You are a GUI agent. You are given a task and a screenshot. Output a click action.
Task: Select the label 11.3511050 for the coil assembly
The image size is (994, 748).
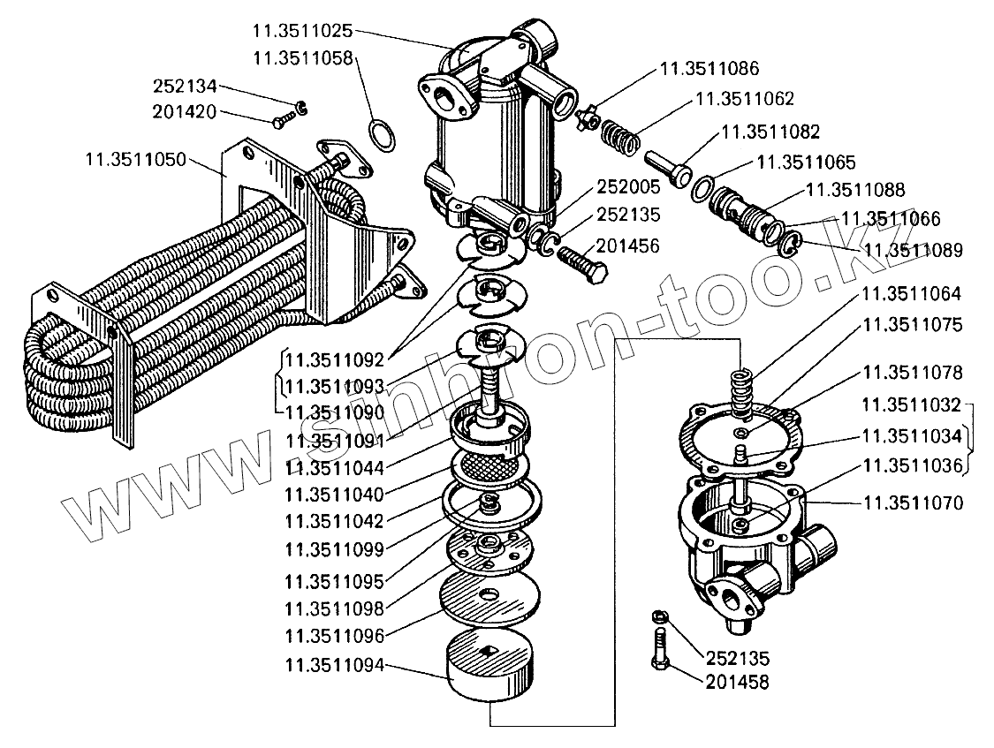(136, 160)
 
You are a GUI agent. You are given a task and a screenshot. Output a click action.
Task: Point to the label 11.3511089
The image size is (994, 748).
(913, 250)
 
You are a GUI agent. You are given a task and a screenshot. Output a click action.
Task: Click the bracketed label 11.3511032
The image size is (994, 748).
(913, 405)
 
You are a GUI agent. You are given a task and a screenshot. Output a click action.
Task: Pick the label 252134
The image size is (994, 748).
(185, 87)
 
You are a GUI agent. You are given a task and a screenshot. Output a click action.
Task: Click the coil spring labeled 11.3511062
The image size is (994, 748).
(623, 138)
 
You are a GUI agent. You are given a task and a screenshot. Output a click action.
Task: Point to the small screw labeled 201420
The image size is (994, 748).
(280, 119)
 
